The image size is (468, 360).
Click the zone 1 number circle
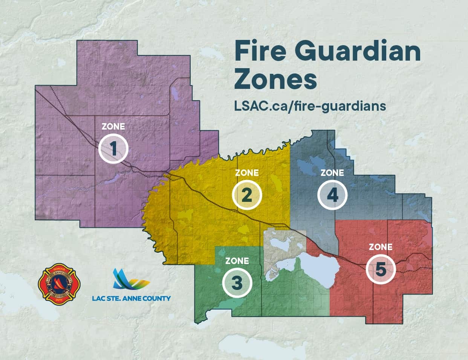(113, 149)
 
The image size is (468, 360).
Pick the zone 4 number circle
(332, 195)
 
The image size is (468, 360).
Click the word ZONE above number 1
(113, 127)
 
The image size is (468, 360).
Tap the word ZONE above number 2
(247, 173)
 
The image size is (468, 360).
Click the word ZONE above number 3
(237, 261)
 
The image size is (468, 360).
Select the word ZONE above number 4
(332, 173)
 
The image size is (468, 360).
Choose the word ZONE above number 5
(381, 247)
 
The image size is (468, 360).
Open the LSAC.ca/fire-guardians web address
(310, 106)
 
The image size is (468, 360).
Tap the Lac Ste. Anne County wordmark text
(131, 298)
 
